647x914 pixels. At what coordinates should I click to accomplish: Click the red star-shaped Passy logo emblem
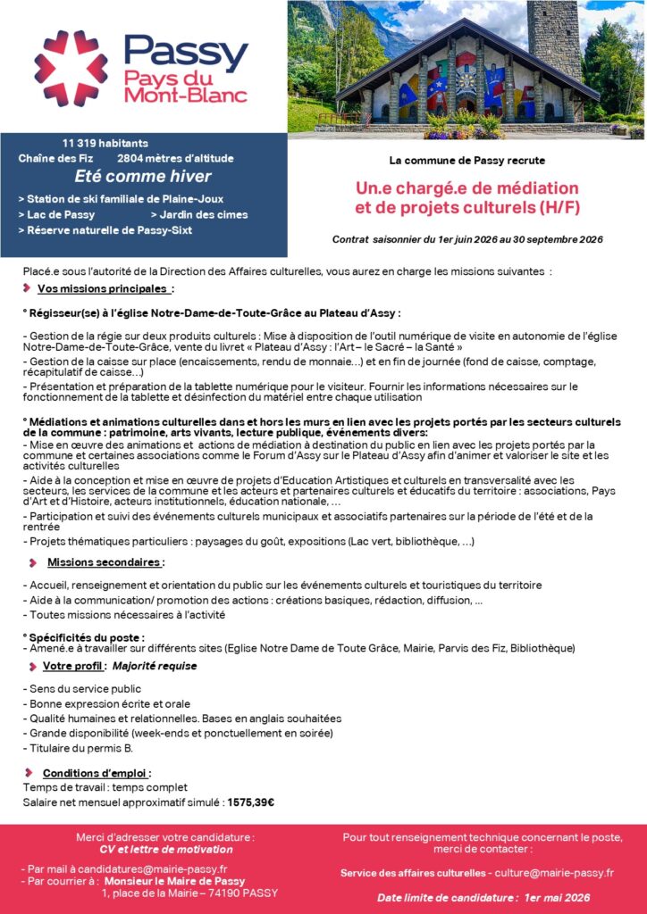click(x=71, y=69)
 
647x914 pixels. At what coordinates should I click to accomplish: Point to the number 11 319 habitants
click(x=105, y=143)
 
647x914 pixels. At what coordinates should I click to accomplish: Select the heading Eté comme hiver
click(x=143, y=176)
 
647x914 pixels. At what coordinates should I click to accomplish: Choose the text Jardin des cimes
click(x=203, y=214)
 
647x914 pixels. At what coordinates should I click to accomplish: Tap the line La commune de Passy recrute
click(x=466, y=161)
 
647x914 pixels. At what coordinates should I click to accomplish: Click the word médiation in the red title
click(x=531, y=188)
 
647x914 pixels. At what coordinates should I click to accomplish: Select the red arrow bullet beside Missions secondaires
click(x=33, y=562)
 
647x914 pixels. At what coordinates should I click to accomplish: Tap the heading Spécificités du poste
click(x=86, y=636)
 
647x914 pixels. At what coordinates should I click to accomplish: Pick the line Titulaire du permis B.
click(x=78, y=747)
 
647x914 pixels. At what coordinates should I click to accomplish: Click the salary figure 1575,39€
click(x=250, y=802)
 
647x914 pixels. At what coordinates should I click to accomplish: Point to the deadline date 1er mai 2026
click(x=559, y=897)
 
